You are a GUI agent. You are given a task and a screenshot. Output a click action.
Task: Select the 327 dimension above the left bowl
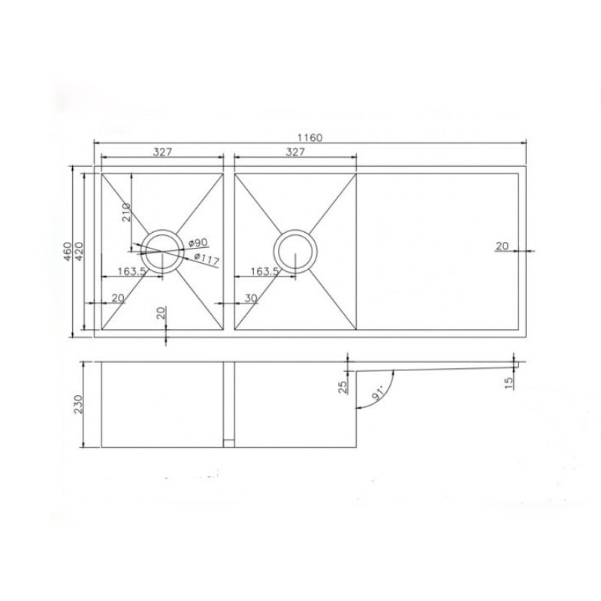[163, 152]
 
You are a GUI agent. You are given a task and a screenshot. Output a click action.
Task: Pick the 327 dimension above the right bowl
[295, 152]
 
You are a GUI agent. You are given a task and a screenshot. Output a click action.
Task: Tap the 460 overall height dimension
[68, 252]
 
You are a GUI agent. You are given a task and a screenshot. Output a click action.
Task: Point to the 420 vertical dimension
[78, 252]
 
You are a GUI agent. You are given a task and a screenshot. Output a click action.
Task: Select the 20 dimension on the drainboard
[502, 245]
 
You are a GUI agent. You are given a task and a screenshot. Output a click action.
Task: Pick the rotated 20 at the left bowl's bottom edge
[160, 314]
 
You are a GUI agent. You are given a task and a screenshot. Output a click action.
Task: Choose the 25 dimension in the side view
[343, 387]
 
